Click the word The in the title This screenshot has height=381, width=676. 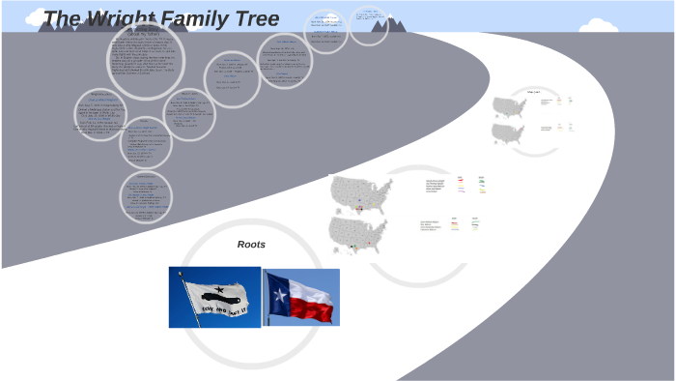pos(63,19)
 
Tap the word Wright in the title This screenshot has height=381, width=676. pos(123,19)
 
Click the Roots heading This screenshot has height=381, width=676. pos(251,245)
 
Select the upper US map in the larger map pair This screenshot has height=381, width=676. pos(360,192)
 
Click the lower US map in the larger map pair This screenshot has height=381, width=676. pos(357,235)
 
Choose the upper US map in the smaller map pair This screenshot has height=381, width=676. pos(508,105)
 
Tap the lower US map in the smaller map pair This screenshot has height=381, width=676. pos(508,132)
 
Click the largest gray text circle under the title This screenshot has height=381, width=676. pos(146,59)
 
